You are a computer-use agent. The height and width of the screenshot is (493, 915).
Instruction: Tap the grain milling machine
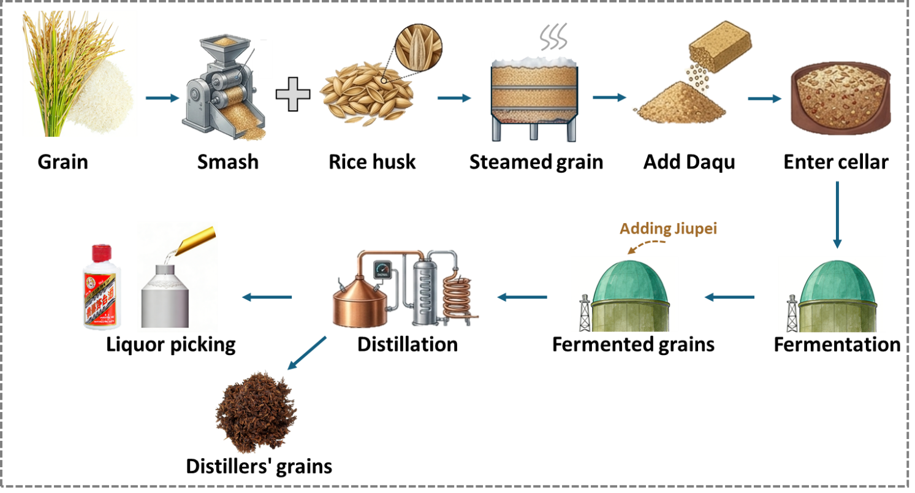221,89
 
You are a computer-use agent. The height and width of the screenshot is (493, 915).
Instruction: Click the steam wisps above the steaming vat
554,39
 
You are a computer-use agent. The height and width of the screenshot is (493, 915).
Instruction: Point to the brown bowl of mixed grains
839,97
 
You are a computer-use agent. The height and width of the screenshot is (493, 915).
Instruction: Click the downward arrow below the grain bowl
837,214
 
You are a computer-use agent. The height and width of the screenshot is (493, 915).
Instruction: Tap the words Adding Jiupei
668,229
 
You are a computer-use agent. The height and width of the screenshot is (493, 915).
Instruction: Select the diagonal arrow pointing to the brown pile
306,353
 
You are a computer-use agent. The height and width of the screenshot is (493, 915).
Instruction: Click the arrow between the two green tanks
729,297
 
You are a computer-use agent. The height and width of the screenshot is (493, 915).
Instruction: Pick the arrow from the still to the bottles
267,297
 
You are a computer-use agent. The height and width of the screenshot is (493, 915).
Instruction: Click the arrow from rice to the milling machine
162,98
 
